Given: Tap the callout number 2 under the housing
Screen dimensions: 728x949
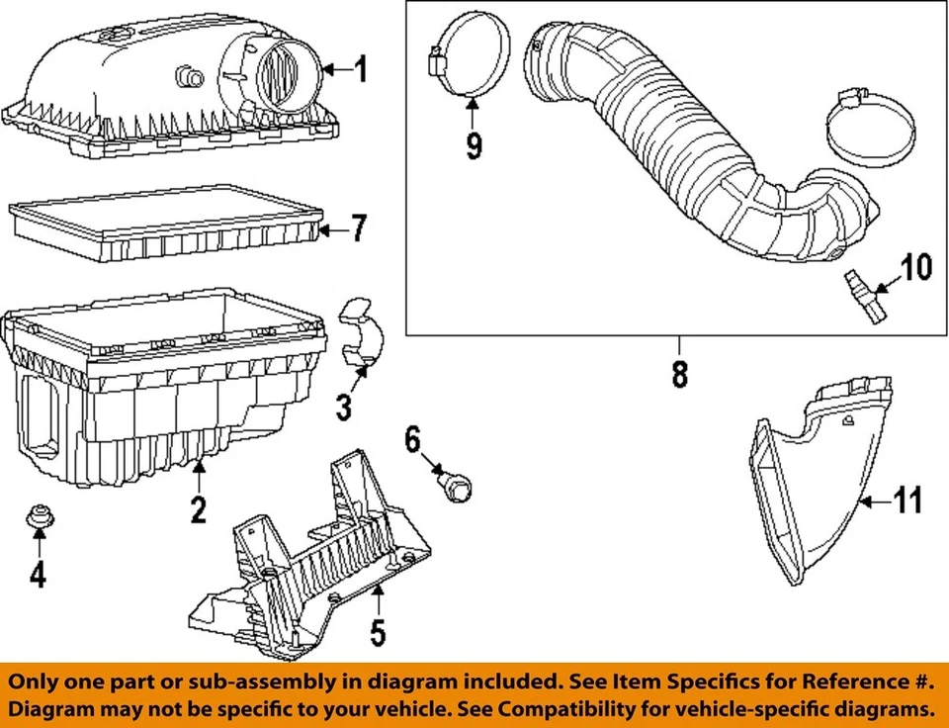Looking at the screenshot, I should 199,509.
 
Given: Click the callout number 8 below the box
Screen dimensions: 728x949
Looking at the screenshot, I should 679,375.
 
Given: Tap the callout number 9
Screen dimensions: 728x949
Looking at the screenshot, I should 474,145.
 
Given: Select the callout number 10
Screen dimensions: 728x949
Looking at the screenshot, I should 915,268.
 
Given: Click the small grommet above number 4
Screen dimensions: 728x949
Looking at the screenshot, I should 38,516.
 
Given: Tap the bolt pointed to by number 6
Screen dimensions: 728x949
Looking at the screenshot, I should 458,486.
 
